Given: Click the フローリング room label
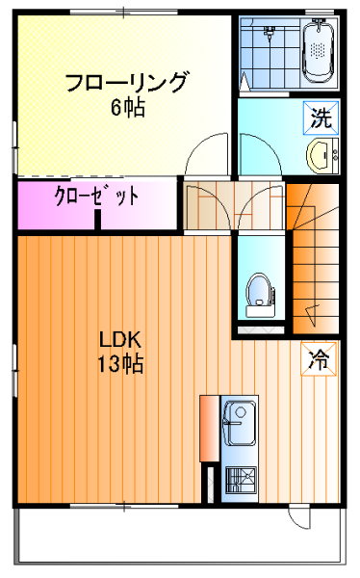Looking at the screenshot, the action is point(126,82).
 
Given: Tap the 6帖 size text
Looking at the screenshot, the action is point(128,108).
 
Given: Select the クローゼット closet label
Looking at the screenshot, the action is point(96,196).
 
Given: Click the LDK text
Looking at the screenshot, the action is point(120,340).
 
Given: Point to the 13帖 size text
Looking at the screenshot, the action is point(120,364).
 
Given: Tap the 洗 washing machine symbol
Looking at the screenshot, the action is point(321,118).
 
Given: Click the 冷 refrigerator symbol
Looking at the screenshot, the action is point(319,359).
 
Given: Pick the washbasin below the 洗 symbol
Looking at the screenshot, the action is point(322,156).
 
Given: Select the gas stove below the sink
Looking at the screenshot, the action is point(241,480).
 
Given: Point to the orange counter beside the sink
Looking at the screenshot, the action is point(209,429).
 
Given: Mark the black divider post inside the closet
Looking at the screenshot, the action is point(97,220).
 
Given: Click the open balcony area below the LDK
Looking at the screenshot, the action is point(180,537).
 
